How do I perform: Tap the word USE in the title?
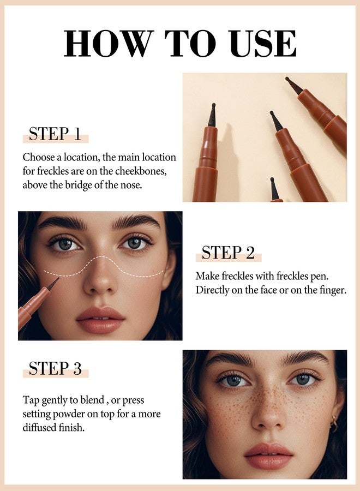coord(264,43)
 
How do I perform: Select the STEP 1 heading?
coord(55,134)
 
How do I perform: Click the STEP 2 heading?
coord(228,253)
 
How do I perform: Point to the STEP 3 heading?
coord(55,368)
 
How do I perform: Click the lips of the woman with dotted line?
coord(100,320)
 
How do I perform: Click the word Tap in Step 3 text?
coord(31,400)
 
